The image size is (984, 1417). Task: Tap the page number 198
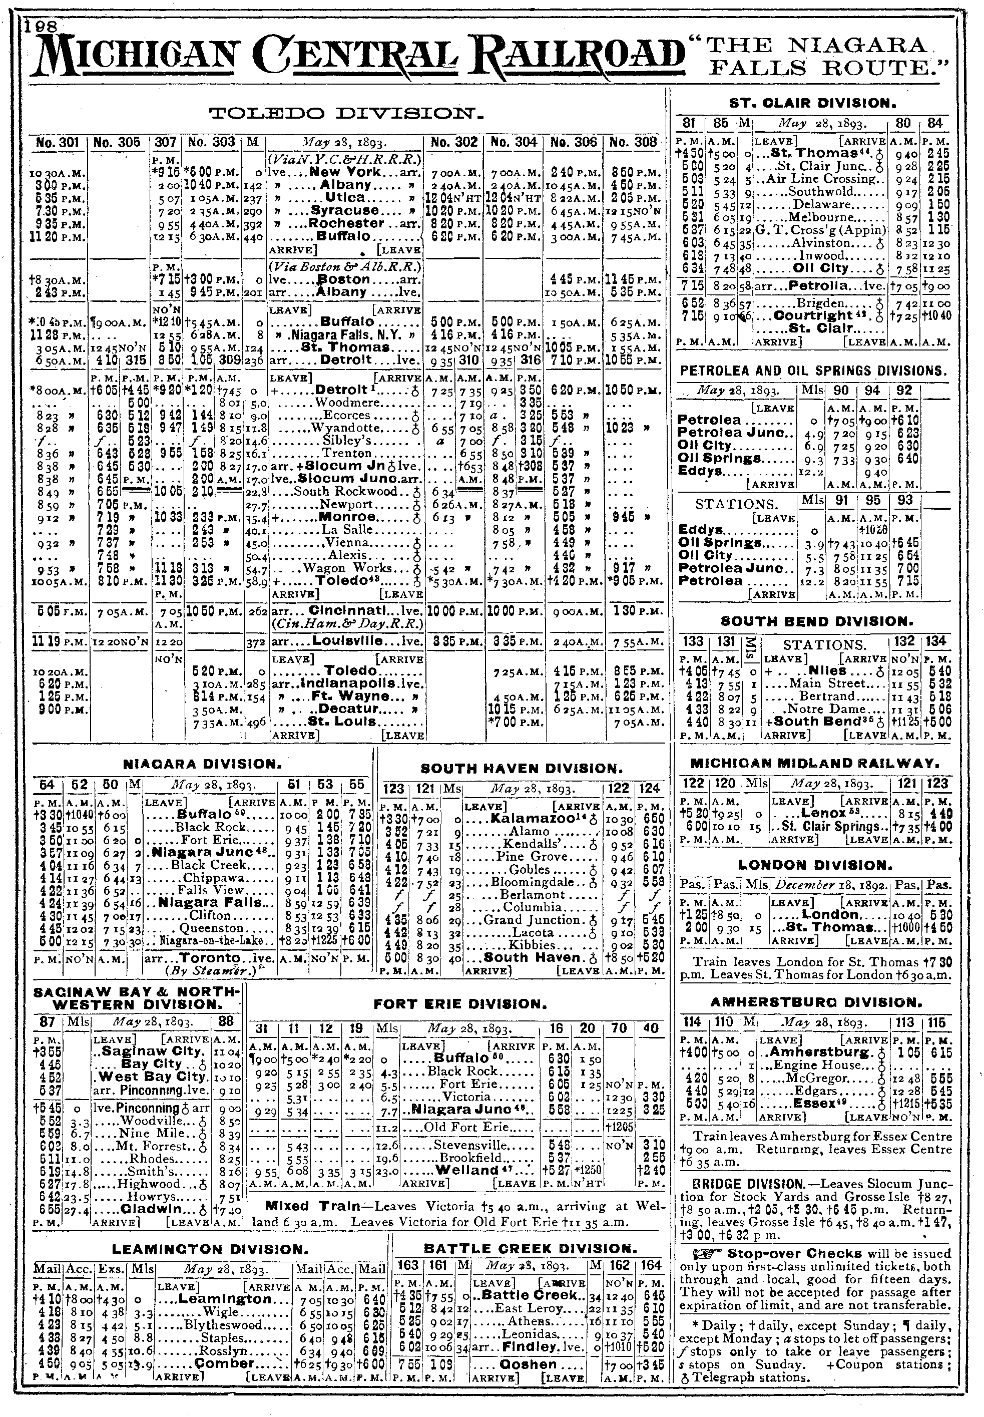tap(42, 26)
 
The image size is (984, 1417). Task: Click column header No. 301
tap(58, 142)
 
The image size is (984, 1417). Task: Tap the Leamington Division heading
tap(210, 1249)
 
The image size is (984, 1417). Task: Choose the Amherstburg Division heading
tap(816, 1002)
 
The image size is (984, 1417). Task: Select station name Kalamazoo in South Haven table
tap(538, 818)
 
